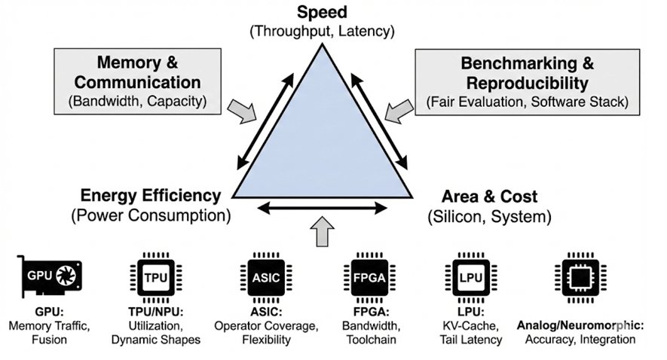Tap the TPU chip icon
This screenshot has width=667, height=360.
point(155,277)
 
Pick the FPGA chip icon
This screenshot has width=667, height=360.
point(369,277)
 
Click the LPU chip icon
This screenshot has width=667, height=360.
point(470,277)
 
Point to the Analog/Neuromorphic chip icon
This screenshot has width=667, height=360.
point(577,277)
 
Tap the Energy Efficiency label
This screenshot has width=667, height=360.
point(150,196)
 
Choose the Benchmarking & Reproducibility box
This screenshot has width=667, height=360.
point(527,81)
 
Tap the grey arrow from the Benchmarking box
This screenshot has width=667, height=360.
point(397,111)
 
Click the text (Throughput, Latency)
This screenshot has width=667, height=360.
point(322,32)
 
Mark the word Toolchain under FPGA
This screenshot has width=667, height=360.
point(369,340)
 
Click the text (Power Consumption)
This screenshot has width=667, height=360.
point(150,216)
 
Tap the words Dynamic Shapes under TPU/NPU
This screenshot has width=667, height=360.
point(155,340)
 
